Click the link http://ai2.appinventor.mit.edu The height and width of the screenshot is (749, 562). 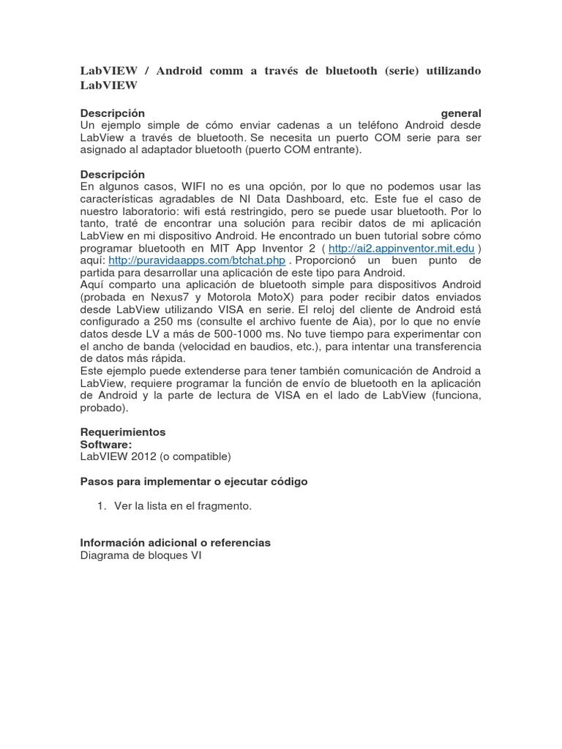[413, 249]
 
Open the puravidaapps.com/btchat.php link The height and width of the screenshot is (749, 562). [197, 260]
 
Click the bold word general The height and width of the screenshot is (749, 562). [461, 113]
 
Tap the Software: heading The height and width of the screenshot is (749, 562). [106, 444]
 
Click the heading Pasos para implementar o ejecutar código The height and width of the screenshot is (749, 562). [193, 481]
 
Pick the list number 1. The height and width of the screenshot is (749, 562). [101, 506]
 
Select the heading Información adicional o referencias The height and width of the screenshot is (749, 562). [175, 543]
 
